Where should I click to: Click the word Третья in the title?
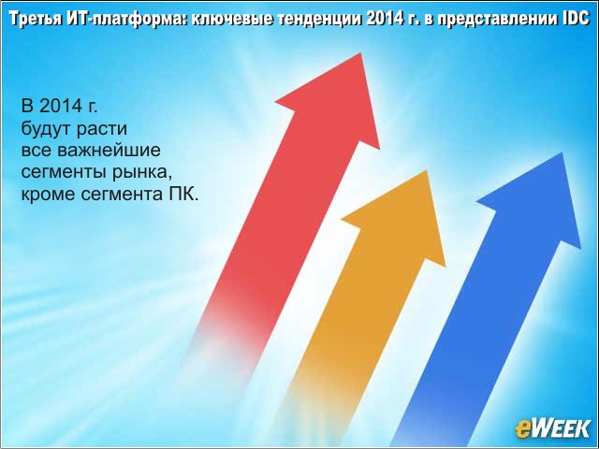[x=35, y=20]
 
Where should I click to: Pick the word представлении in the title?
[x=496, y=20]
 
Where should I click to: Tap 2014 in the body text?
[x=61, y=106]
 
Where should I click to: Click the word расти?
[x=102, y=129]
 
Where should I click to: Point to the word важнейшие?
[x=109, y=150]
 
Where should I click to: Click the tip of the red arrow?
[x=360, y=53]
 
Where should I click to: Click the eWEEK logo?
[x=553, y=428]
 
